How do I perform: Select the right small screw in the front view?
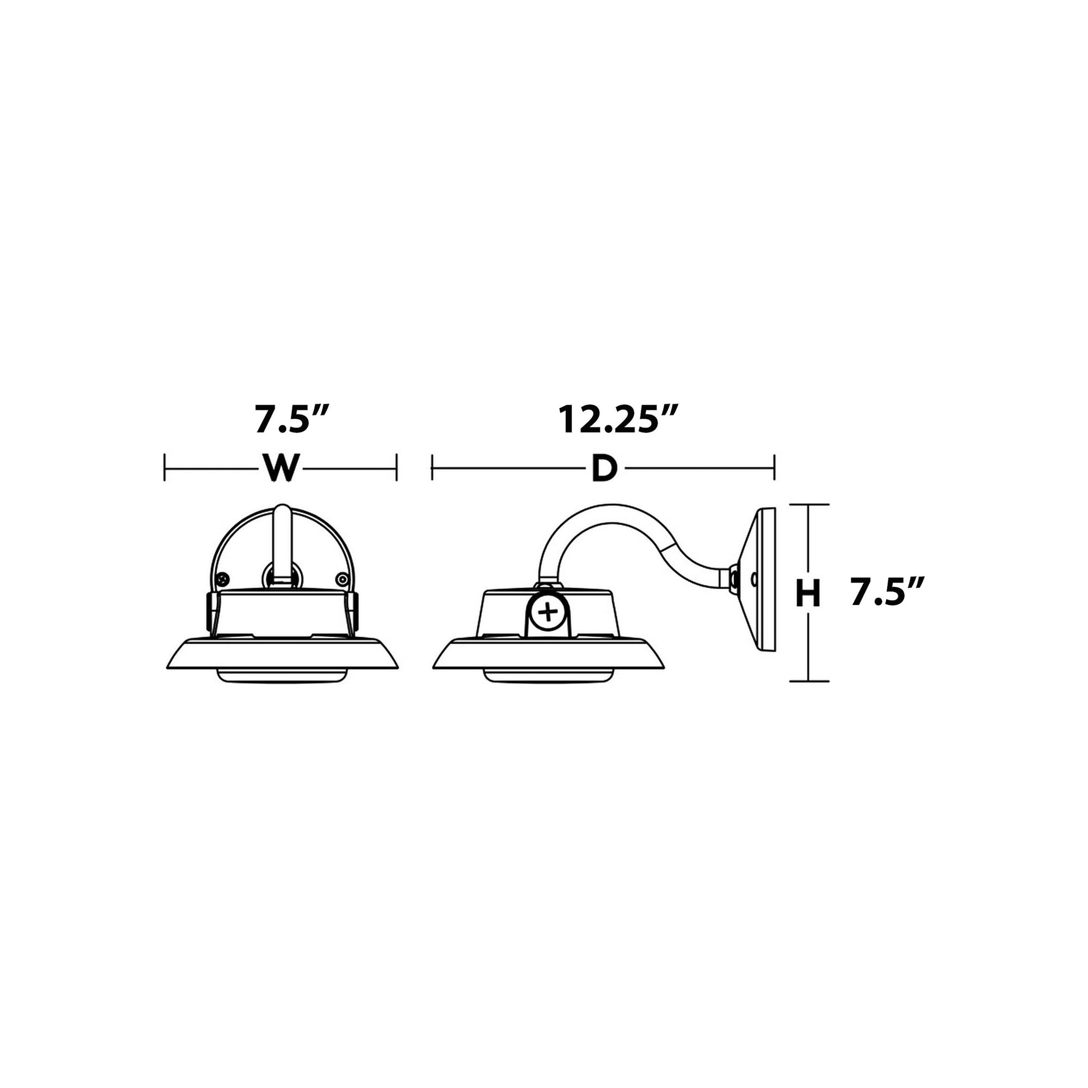[340, 578]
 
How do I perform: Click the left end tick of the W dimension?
[164, 468]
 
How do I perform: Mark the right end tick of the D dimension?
[775, 468]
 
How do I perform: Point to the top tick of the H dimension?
[808, 504]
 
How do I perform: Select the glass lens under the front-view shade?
[282, 677]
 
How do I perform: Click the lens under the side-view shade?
[546, 677]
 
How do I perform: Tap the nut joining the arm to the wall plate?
[734, 578]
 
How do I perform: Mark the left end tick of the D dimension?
[432, 468]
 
